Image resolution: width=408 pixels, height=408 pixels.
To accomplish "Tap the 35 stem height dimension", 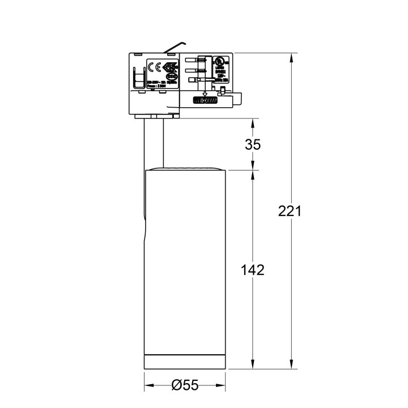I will click(x=253, y=144).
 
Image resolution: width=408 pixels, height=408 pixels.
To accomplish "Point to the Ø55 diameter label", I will click(x=185, y=385).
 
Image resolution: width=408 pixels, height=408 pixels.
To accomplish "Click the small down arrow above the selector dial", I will click(x=205, y=92).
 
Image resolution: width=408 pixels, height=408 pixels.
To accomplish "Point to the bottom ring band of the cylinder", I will click(x=185, y=363).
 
